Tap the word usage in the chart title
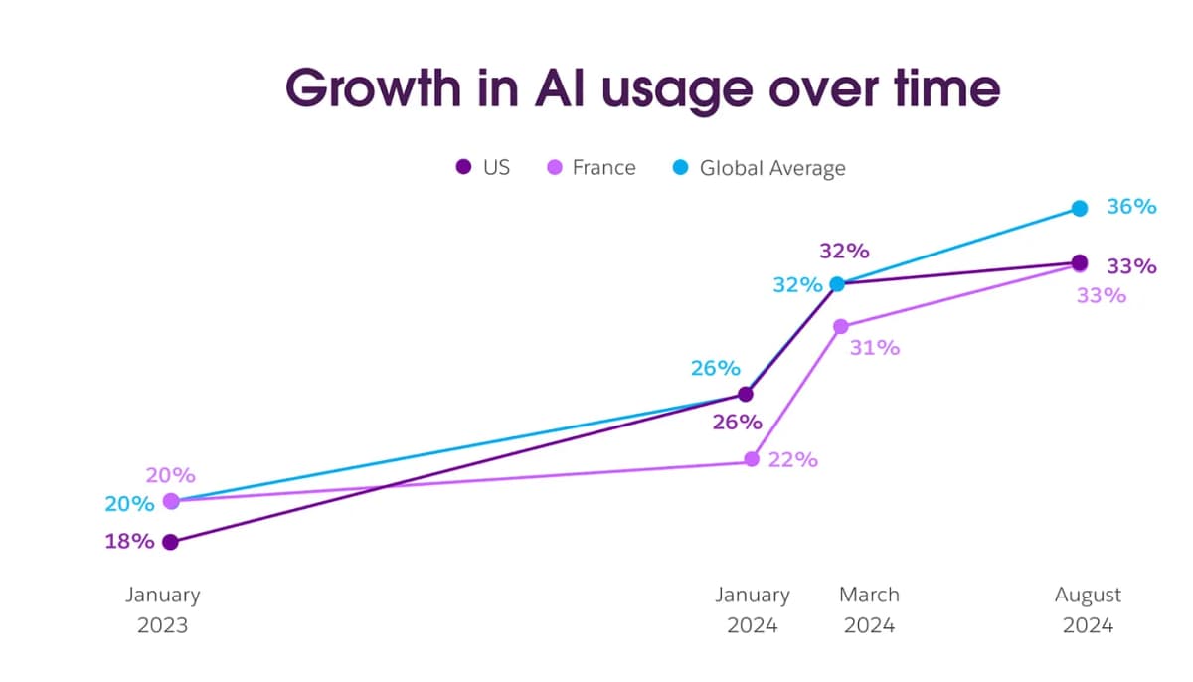pos(659,89)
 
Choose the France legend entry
pos(592,167)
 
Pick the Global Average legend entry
pos(761,167)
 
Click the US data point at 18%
pos(171,542)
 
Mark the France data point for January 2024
pos(752,459)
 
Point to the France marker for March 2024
pos(841,326)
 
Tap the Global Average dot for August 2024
pos(1080,208)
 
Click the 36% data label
pos(1131,207)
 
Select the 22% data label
pos(792,459)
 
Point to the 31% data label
pos(875,348)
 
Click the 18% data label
pos(130,542)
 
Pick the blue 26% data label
pos(716,368)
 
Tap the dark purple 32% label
pos(844,250)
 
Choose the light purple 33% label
pos(1101,295)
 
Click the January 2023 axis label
pos(162,610)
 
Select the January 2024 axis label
pos(753,610)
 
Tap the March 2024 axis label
pos(869,610)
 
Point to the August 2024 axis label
pos(1088,610)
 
